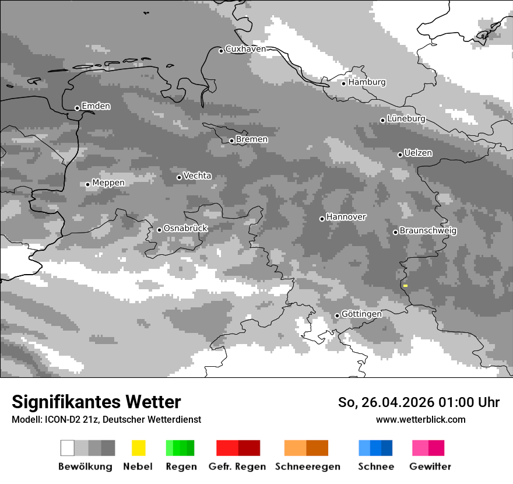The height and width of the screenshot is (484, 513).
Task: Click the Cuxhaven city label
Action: (x=245, y=49)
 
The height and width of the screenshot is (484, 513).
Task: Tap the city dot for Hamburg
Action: (x=343, y=83)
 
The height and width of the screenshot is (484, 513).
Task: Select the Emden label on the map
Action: (x=96, y=106)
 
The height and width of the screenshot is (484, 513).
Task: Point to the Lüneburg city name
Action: (x=406, y=119)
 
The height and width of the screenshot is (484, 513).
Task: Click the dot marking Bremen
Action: (x=231, y=141)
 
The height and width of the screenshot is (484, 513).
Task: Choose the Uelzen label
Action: (x=418, y=153)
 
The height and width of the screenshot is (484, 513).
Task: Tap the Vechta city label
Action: (x=197, y=176)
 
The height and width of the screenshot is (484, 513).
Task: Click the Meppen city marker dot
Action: (x=87, y=184)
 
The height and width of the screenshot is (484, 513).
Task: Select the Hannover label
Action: (x=346, y=217)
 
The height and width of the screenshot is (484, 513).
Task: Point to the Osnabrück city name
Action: (x=185, y=229)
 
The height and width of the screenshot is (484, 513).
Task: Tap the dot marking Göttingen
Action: (x=337, y=315)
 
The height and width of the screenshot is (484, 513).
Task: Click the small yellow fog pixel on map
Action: (x=405, y=286)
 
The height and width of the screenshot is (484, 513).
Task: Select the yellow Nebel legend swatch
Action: (x=138, y=448)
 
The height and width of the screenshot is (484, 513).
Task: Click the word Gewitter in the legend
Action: (x=430, y=467)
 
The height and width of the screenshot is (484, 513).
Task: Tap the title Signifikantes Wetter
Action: (x=96, y=402)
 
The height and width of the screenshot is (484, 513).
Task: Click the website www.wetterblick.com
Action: (x=420, y=420)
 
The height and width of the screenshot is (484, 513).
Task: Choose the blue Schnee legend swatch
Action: (x=375, y=448)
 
